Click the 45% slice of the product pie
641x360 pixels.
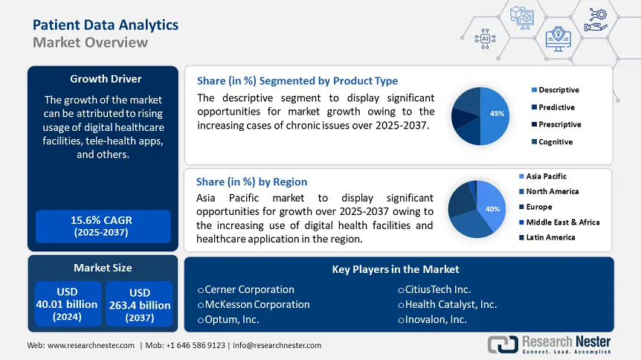(495, 115)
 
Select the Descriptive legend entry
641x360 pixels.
(558, 90)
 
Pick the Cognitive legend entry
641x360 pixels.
(555, 141)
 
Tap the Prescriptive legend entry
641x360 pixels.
(559, 124)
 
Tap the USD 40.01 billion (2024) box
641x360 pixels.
(68, 304)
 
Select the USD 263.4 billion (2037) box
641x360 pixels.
(139, 304)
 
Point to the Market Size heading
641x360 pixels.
(103, 268)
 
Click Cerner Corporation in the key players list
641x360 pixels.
(249, 289)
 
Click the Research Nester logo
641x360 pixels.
(550, 344)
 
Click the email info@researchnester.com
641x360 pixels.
(278, 345)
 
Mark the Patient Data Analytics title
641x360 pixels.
(106, 25)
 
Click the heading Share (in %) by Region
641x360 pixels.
(251, 181)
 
